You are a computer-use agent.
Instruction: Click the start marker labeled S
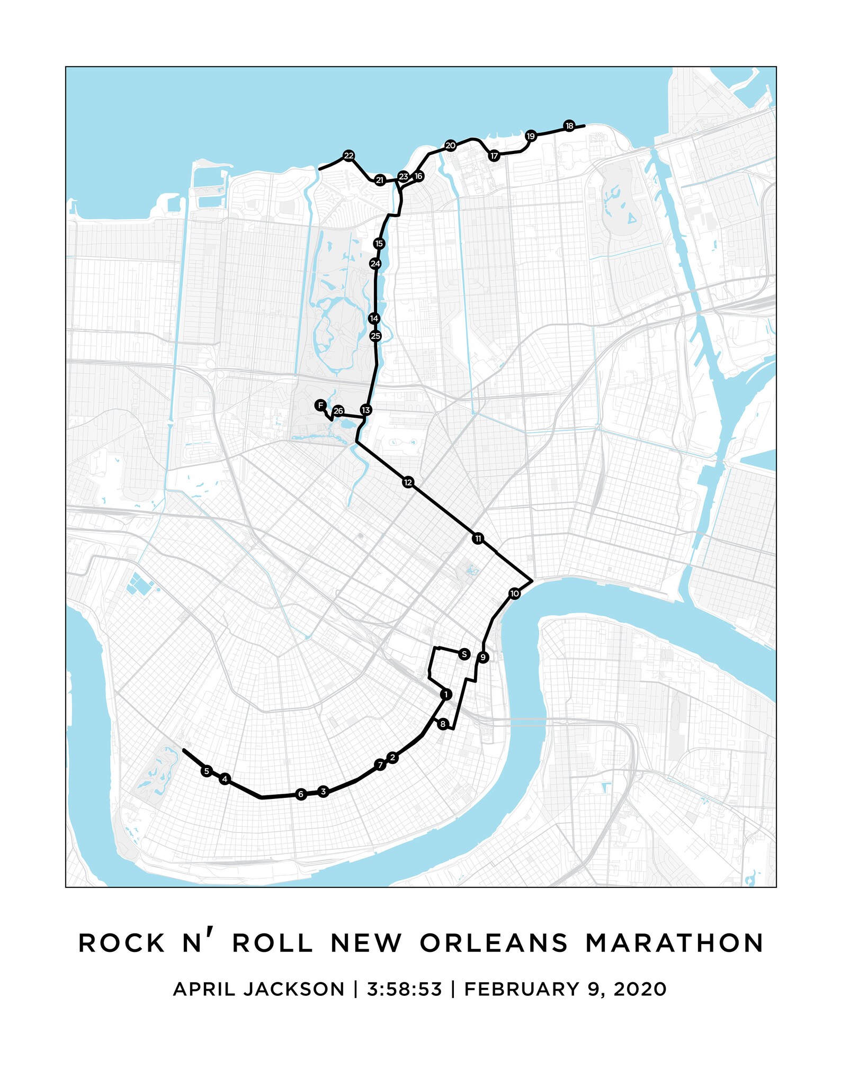pyautogui.click(x=464, y=654)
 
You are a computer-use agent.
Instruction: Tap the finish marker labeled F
pyautogui.click(x=320, y=405)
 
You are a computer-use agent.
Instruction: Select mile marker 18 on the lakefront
pyautogui.click(x=569, y=126)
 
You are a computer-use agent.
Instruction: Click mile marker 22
pyautogui.click(x=348, y=156)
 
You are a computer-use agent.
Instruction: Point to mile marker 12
pyautogui.click(x=408, y=482)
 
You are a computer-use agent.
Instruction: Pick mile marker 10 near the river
pyautogui.click(x=515, y=594)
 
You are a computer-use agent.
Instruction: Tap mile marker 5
pyautogui.click(x=207, y=771)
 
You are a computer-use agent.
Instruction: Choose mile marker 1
pyautogui.click(x=446, y=694)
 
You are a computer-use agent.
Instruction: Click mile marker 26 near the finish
pyautogui.click(x=338, y=411)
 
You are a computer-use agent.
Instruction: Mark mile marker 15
pyautogui.click(x=379, y=244)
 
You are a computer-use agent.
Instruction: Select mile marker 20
pyautogui.click(x=450, y=146)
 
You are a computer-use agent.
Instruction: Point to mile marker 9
pyautogui.click(x=482, y=658)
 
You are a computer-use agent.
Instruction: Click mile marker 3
pyautogui.click(x=323, y=792)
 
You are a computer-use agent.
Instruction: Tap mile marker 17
pyautogui.click(x=494, y=156)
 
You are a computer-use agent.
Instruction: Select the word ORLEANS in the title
pyautogui.click(x=494, y=943)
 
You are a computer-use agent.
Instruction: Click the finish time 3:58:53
pyautogui.click(x=404, y=989)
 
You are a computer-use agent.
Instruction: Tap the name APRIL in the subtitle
pyautogui.click(x=203, y=989)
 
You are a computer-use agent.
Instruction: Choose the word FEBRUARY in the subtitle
pyautogui.click(x=521, y=989)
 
